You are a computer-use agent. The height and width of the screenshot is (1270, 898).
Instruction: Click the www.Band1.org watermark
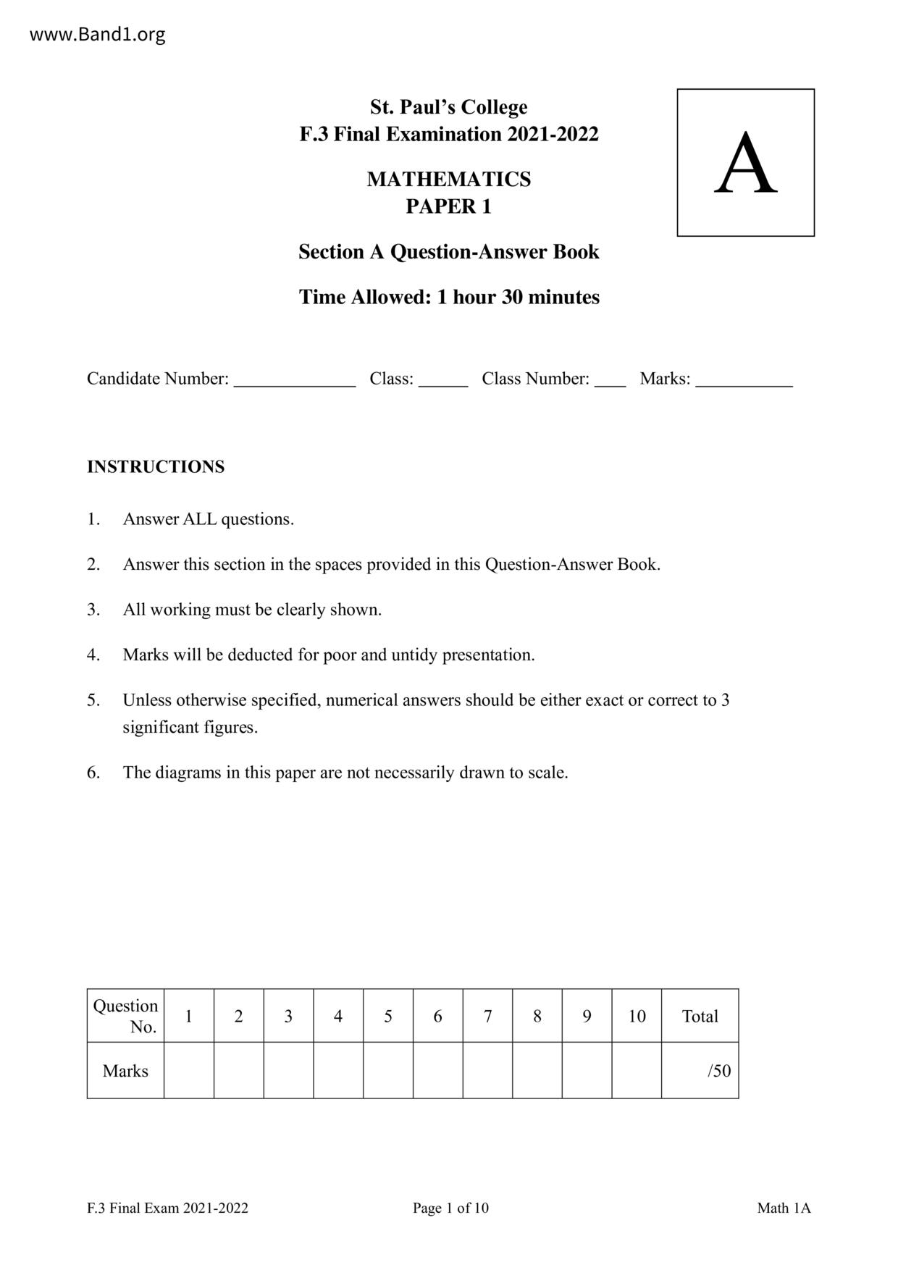click(x=97, y=34)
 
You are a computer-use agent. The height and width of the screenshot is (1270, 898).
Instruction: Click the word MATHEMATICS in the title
click(x=448, y=179)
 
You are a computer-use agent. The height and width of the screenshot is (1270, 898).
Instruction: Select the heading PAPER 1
click(x=448, y=206)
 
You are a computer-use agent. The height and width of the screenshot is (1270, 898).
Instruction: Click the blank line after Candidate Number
click(x=294, y=383)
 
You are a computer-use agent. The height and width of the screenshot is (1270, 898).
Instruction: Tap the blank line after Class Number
click(x=610, y=383)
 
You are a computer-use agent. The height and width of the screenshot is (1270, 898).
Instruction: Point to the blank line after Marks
click(x=744, y=383)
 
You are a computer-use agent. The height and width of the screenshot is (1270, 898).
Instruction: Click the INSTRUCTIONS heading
click(x=156, y=466)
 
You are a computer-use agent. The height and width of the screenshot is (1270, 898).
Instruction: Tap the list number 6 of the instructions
click(x=93, y=772)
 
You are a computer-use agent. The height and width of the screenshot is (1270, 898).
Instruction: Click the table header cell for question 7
click(x=487, y=1016)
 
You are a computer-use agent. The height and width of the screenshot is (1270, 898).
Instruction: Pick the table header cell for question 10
click(x=637, y=1016)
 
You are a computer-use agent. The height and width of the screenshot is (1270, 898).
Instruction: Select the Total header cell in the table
click(x=700, y=1016)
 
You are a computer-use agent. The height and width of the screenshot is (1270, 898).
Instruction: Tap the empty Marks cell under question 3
click(x=288, y=1071)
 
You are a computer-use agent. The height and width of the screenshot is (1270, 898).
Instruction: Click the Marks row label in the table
click(x=125, y=1071)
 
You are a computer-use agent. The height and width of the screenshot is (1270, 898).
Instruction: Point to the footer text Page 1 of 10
click(x=450, y=1208)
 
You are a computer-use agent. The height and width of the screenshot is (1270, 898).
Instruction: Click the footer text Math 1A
click(x=784, y=1208)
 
